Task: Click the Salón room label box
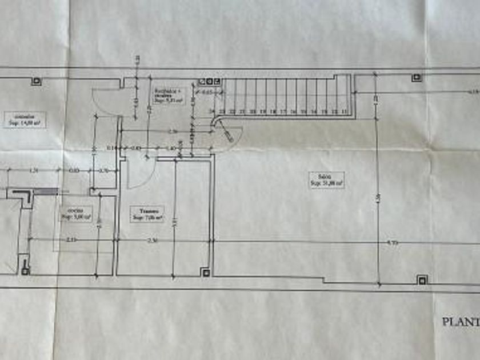(x=327, y=180)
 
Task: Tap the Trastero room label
(x=147, y=214)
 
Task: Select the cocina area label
(x=77, y=214)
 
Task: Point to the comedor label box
(x=25, y=119)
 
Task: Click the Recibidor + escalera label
(x=167, y=95)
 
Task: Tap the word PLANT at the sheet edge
(x=460, y=322)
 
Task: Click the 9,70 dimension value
(x=392, y=243)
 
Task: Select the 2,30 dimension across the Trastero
(x=151, y=241)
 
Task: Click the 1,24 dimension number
(x=33, y=170)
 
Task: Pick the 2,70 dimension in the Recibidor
(x=173, y=132)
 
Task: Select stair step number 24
(x=213, y=111)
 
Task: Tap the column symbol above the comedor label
(x=36, y=81)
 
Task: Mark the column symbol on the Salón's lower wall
(x=422, y=279)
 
